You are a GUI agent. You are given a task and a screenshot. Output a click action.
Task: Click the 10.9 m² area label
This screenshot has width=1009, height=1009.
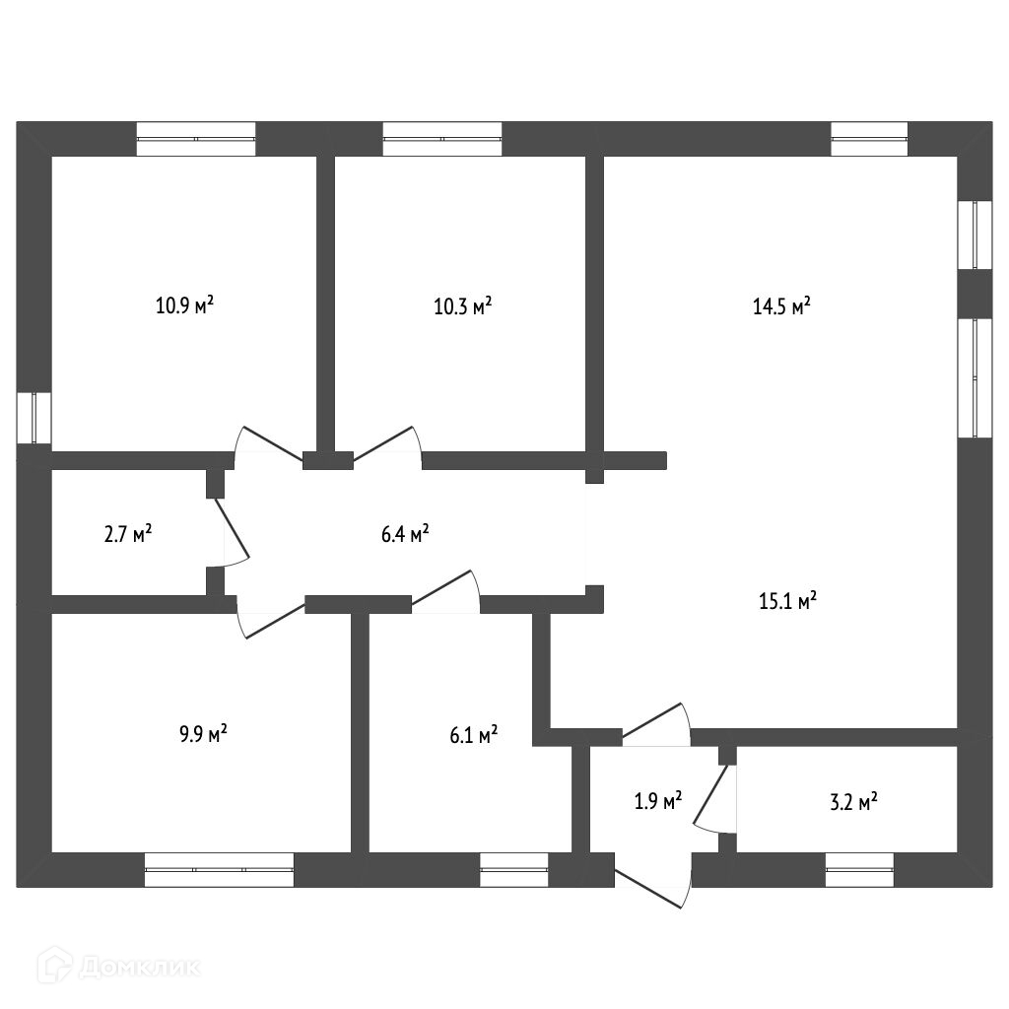click(185, 305)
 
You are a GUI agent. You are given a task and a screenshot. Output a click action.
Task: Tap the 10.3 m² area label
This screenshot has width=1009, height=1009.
click(463, 305)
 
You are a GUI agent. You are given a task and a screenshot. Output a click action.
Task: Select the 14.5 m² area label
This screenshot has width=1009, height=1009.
click(781, 305)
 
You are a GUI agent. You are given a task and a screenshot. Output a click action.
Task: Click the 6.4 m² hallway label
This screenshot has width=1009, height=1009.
click(404, 534)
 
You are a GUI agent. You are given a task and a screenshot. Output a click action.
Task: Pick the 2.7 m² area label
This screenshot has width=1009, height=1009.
click(128, 534)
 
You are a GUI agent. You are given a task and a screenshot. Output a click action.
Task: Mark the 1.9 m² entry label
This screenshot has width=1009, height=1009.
click(658, 802)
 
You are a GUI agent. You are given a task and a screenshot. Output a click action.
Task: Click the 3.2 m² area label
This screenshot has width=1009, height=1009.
click(853, 802)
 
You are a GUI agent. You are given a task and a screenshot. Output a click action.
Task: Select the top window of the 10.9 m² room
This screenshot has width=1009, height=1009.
click(196, 139)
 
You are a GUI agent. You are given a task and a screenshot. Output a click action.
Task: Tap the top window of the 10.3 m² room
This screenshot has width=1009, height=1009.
click(442, 139)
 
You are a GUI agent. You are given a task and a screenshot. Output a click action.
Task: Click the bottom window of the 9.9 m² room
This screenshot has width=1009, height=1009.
click(219, 869)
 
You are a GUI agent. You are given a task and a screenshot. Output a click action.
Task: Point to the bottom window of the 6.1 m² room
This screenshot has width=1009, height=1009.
click(513, 869)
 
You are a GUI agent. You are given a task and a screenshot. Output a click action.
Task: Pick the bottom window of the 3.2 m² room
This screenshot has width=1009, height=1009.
click(859, 869)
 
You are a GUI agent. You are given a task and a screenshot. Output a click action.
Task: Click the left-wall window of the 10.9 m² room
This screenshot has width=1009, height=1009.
click(34, 418)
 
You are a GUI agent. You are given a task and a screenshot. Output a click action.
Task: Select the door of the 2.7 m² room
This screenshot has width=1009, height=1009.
click(233, 532)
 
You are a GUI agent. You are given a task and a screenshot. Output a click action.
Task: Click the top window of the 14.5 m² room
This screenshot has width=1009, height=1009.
click(869, 139)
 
